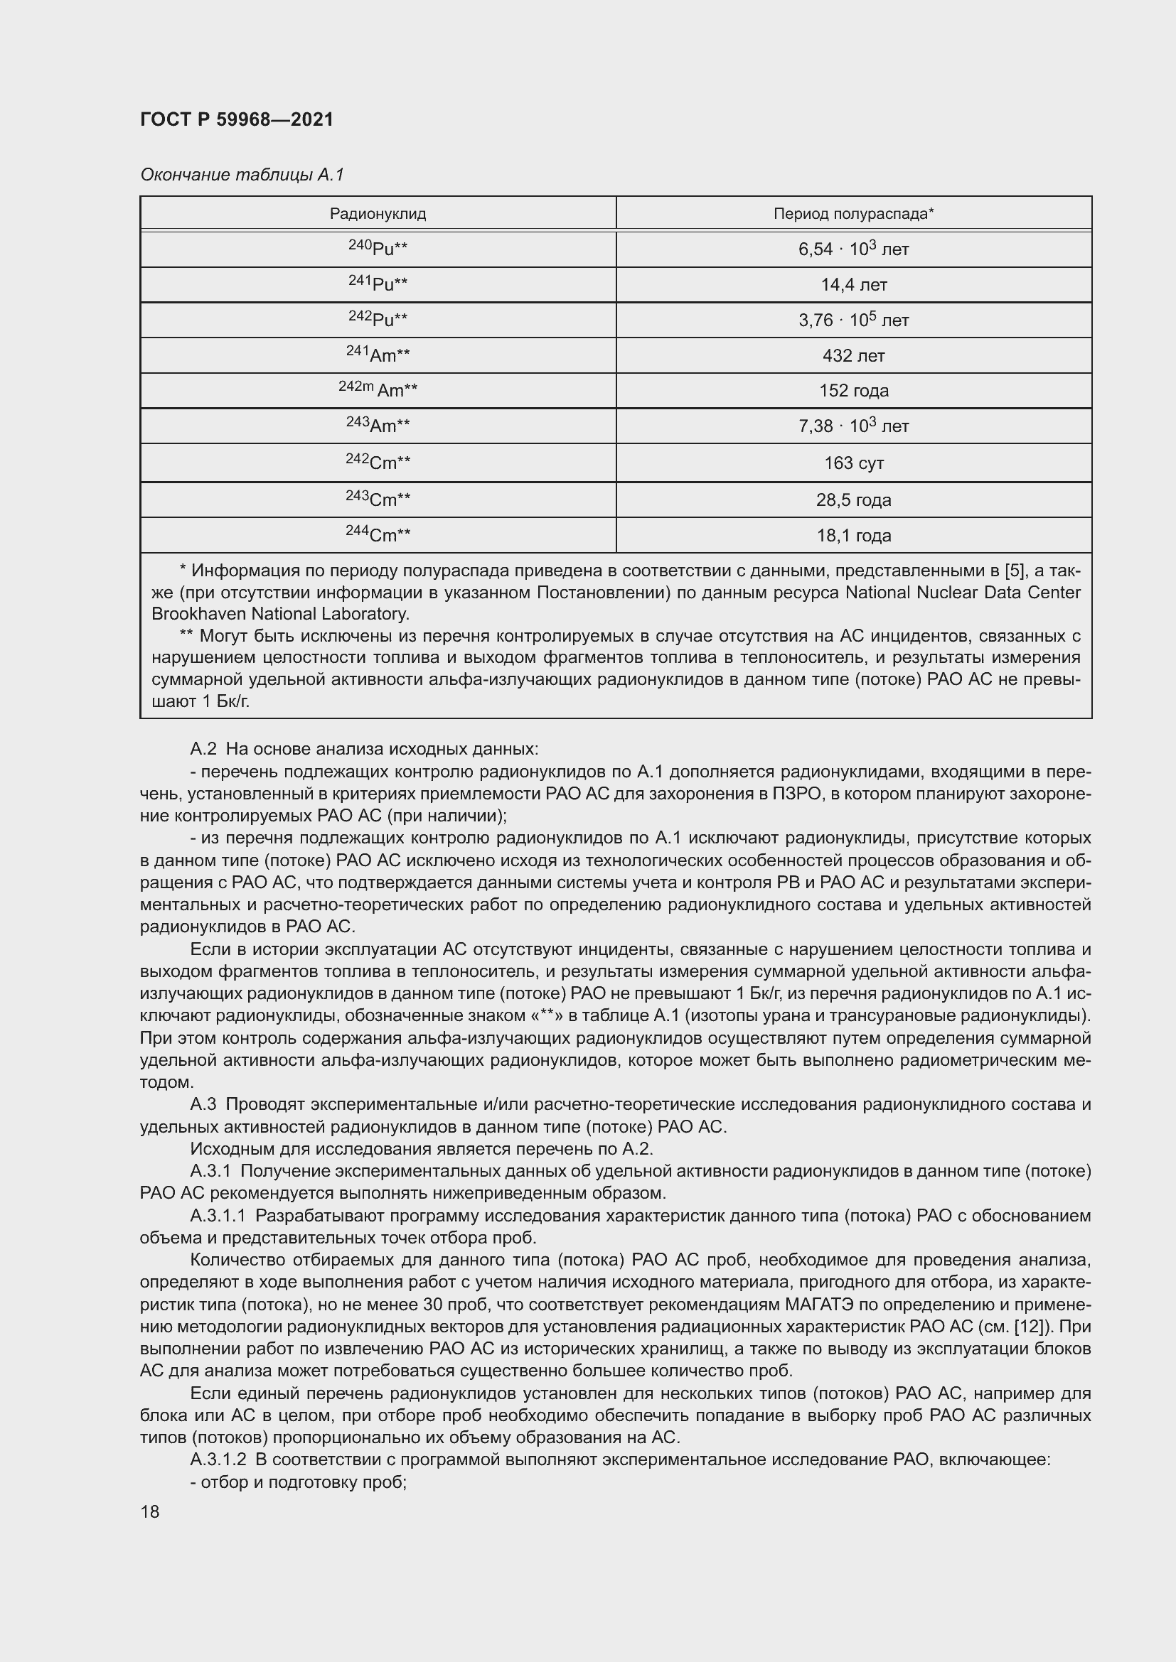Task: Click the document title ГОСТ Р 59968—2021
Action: tap(237, 119)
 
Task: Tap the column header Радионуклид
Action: tap(378, 214)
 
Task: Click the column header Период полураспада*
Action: tap(854, 214)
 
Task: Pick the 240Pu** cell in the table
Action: tap(378, 248)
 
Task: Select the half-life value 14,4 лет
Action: tap(854, 284)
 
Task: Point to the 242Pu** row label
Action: tap(378, 319)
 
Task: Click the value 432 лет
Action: tap(854, 355)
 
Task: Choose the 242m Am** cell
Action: tap(378, 390)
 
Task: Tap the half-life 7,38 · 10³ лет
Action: tap(854, 426)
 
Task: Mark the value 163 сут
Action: tap(854, 463)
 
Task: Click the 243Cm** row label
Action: tap(378, 499)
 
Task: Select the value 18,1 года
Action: tap(854, 536)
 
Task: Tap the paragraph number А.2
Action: tap(203, 748)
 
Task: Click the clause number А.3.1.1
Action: tap(218, 1215)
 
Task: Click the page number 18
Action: tap(150, 1511)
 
